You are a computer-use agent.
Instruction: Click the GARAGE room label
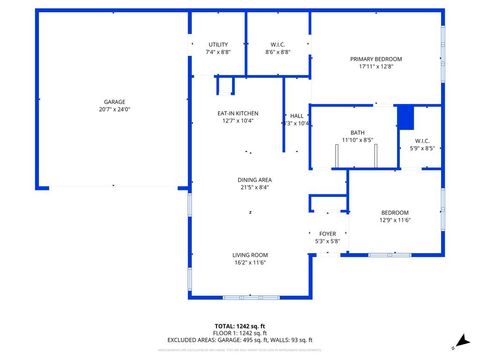click(x=115, y=101)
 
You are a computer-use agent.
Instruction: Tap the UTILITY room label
click(x=218, y=45)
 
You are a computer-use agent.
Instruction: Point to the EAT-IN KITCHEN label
click(x=239, y=113)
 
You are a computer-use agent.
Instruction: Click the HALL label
click(x=297, y=115)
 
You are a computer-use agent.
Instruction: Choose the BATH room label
click(x=357, y=132)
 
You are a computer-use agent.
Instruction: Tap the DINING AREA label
click(x=256, y=180)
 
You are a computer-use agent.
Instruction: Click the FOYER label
click(x=328, y=233)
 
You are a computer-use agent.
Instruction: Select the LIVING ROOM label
click(x=250, y=255)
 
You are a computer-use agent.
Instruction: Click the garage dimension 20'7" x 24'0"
click(x=115, y=109)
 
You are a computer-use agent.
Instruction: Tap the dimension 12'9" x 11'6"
click(x=395, y=220)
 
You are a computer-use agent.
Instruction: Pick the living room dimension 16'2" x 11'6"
click(x=250, y=263)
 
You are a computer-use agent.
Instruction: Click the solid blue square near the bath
click(x=405, y=117)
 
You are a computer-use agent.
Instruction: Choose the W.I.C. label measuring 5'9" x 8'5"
click(x=422, y=141)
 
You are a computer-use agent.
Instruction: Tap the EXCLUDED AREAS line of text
click(x=240, y=341)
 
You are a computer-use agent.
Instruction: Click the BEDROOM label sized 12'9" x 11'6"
click(x=395, y=212)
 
